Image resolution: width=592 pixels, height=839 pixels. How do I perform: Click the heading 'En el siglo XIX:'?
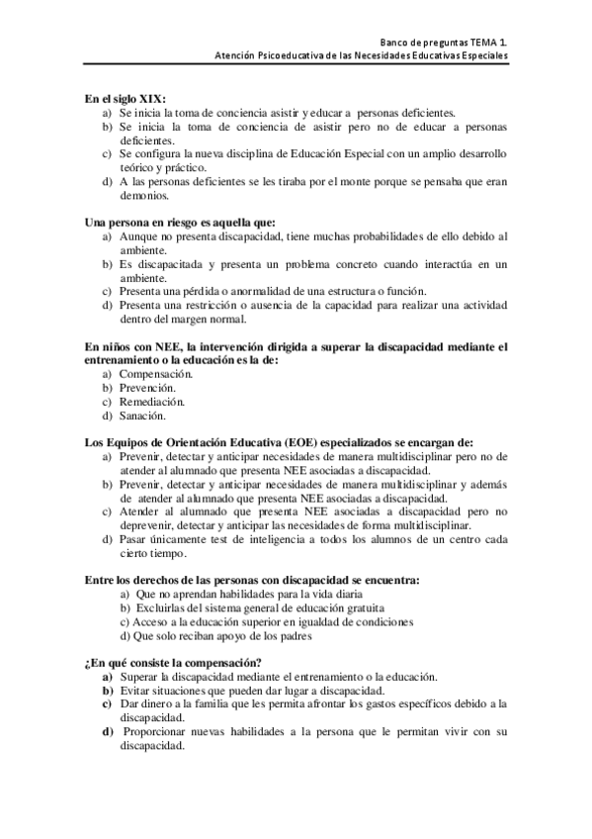pos(125,98)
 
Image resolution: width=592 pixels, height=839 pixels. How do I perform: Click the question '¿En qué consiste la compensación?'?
pos(172,662)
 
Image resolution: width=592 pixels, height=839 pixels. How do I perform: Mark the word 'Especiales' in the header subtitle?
pos(482,57)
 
